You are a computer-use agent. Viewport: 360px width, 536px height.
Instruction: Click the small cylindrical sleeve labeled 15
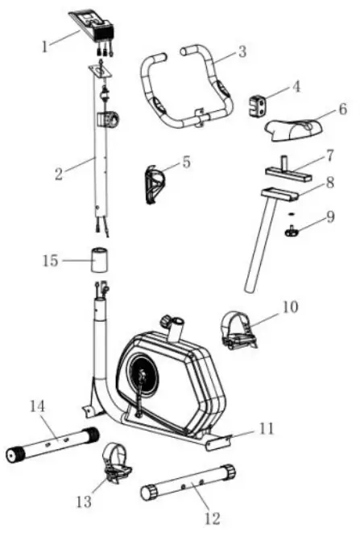click(97, 262)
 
